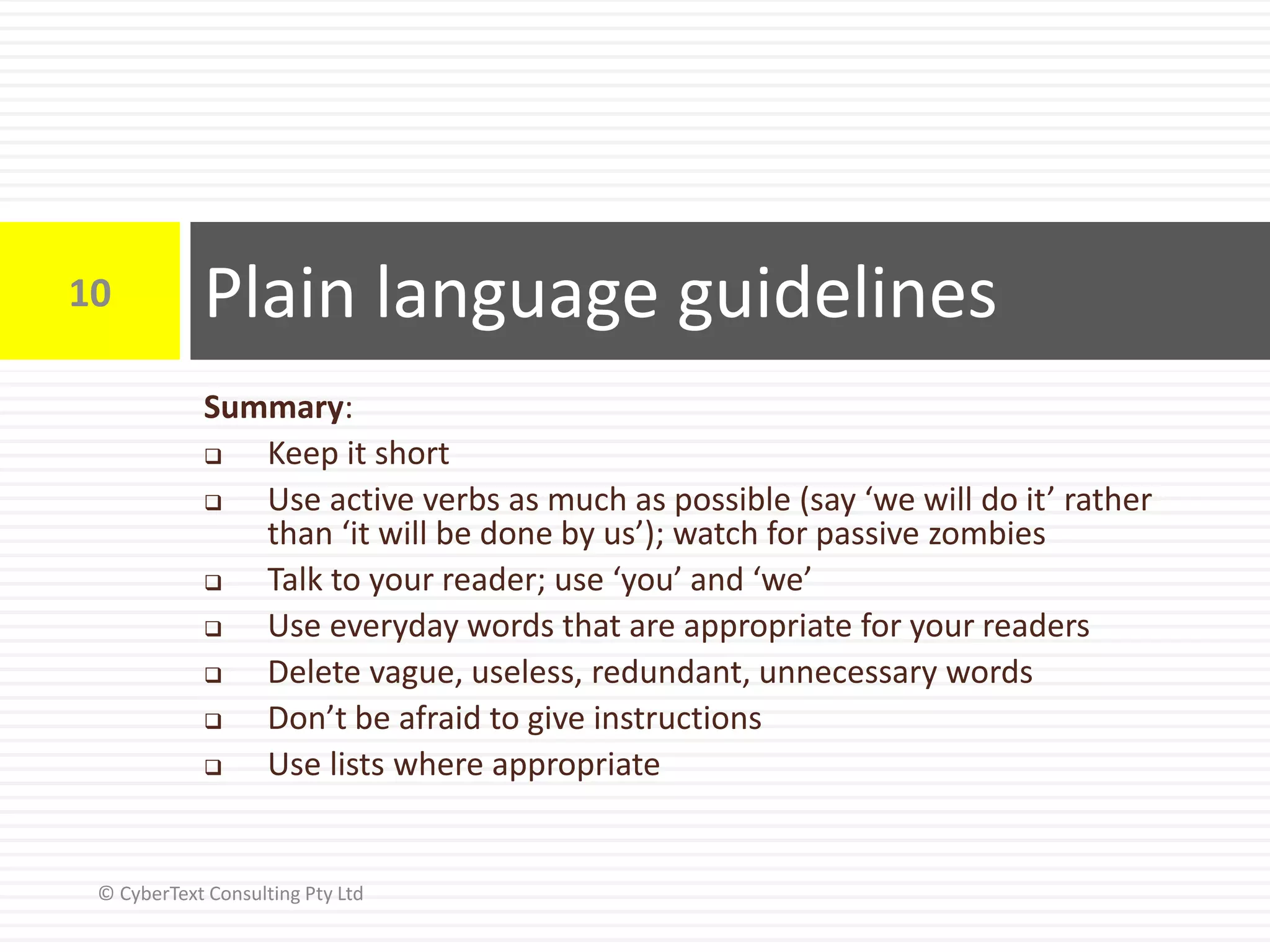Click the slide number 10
tap(90, 293)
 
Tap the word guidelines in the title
tap(837, 294)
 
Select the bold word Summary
tap(273, 408)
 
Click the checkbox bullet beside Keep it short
tap(213, 457)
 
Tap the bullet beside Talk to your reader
tap(213, 583)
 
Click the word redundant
tap(669, 672)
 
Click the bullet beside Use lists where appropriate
tap(213, 767)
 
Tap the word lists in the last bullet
tap(357, 764)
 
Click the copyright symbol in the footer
tap(106, 893)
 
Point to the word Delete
tap(313, 672)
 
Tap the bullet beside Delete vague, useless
tap(213, 674)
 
